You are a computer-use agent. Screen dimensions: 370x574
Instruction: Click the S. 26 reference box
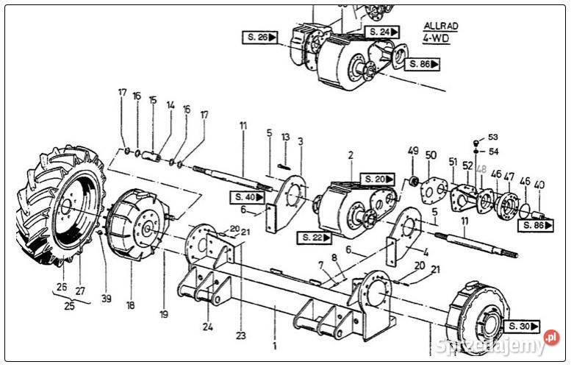260,36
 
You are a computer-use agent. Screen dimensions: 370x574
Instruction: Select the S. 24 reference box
383,32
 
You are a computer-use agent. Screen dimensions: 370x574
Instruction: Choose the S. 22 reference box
315,237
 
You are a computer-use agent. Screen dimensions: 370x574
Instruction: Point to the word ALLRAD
440,25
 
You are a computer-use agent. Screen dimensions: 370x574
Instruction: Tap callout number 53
492,137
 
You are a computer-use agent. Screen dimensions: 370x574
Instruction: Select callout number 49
413,151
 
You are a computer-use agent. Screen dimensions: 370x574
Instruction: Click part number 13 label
286,137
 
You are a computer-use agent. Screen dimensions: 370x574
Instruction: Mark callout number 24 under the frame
209,326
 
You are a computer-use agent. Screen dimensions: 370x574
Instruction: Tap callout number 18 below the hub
130,304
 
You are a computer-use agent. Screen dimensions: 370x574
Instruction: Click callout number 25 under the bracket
69,306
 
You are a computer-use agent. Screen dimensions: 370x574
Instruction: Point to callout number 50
431,155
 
